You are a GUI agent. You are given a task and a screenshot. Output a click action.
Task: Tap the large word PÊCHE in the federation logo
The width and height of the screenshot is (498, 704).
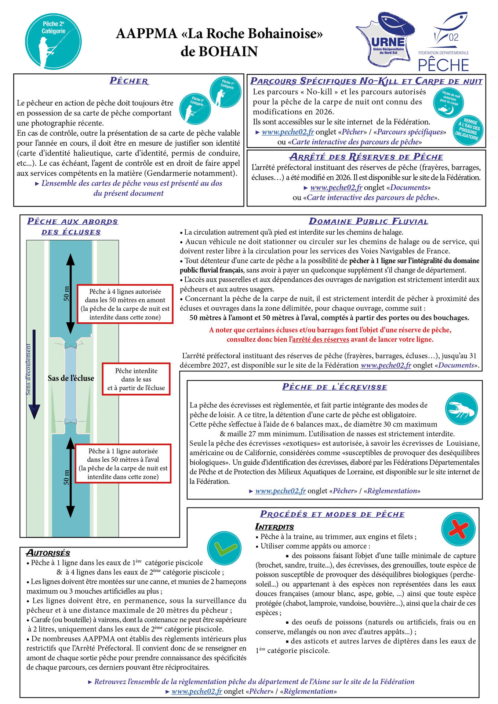(443, 65)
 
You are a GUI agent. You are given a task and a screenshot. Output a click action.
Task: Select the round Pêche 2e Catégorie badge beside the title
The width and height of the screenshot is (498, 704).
(54, 41)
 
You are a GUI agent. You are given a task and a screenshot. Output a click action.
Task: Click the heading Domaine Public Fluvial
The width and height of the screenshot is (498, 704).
(368, 221)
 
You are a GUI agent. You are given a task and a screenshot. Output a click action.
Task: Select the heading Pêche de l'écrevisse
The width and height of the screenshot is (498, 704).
(334, 387)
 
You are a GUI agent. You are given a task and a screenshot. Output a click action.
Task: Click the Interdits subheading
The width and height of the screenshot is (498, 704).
(275, 527)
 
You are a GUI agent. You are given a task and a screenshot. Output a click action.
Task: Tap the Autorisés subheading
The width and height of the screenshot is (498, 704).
(48, 553)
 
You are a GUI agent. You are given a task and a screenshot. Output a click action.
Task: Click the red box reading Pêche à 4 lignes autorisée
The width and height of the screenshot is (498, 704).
(125, 304)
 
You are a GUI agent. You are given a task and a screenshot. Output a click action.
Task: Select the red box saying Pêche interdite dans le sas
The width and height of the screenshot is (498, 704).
(136, 379)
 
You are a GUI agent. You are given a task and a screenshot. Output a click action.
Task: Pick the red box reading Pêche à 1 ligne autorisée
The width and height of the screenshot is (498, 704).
(123, 463)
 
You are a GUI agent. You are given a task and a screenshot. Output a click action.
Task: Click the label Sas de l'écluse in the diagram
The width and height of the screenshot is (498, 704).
(71, 378)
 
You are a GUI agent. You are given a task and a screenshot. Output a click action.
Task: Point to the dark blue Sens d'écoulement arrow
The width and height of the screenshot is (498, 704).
(34, 374)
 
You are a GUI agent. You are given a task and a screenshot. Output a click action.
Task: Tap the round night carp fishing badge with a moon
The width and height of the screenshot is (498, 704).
(448, 103)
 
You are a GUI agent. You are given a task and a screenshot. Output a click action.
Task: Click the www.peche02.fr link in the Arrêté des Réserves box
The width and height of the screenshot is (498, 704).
(336, 187)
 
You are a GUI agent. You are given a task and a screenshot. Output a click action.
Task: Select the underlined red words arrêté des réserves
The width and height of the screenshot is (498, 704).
(320, 339)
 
